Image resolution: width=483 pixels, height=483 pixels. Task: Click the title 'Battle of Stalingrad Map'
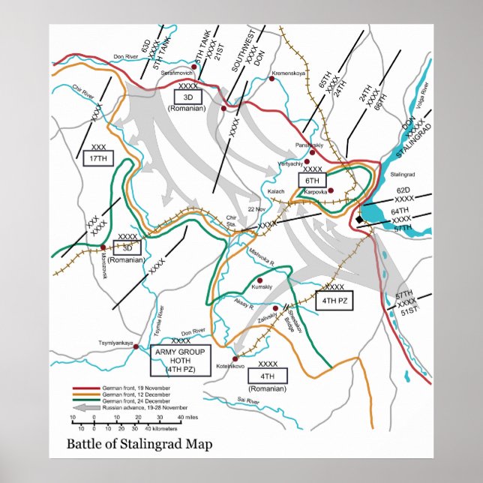pos(139,444)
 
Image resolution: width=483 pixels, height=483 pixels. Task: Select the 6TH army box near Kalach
pos(313,181)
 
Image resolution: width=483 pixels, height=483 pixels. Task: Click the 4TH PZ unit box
pos(334,301)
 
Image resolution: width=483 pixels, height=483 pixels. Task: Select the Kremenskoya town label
pos(290,73)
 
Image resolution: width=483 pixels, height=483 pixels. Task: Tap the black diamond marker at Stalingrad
pos(360,219)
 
